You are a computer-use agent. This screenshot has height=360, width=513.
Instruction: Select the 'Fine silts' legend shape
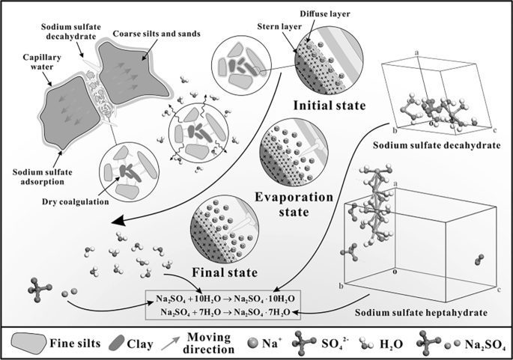pos(28,344)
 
